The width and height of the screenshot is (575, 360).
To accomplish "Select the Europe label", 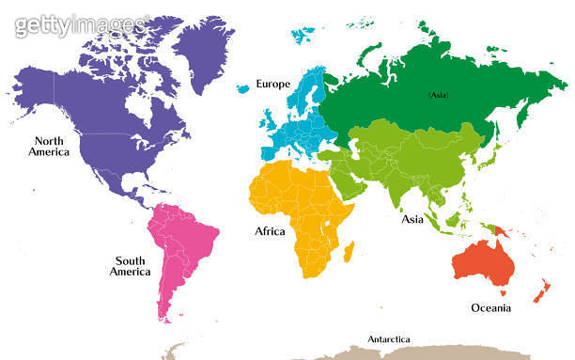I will [273, 84].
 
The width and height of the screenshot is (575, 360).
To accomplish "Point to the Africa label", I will [271, 230].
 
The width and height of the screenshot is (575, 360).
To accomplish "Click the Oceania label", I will [490, 307].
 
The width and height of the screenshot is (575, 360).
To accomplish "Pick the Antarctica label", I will [389, 339].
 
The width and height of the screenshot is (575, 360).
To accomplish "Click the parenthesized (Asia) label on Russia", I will [439, 95].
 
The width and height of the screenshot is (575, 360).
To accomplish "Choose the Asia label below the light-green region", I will [412, 219].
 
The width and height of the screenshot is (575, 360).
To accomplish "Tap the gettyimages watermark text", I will [80, 23].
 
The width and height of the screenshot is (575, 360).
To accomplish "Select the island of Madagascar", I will [349, 250].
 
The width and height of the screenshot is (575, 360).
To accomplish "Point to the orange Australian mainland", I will [481, 264].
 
